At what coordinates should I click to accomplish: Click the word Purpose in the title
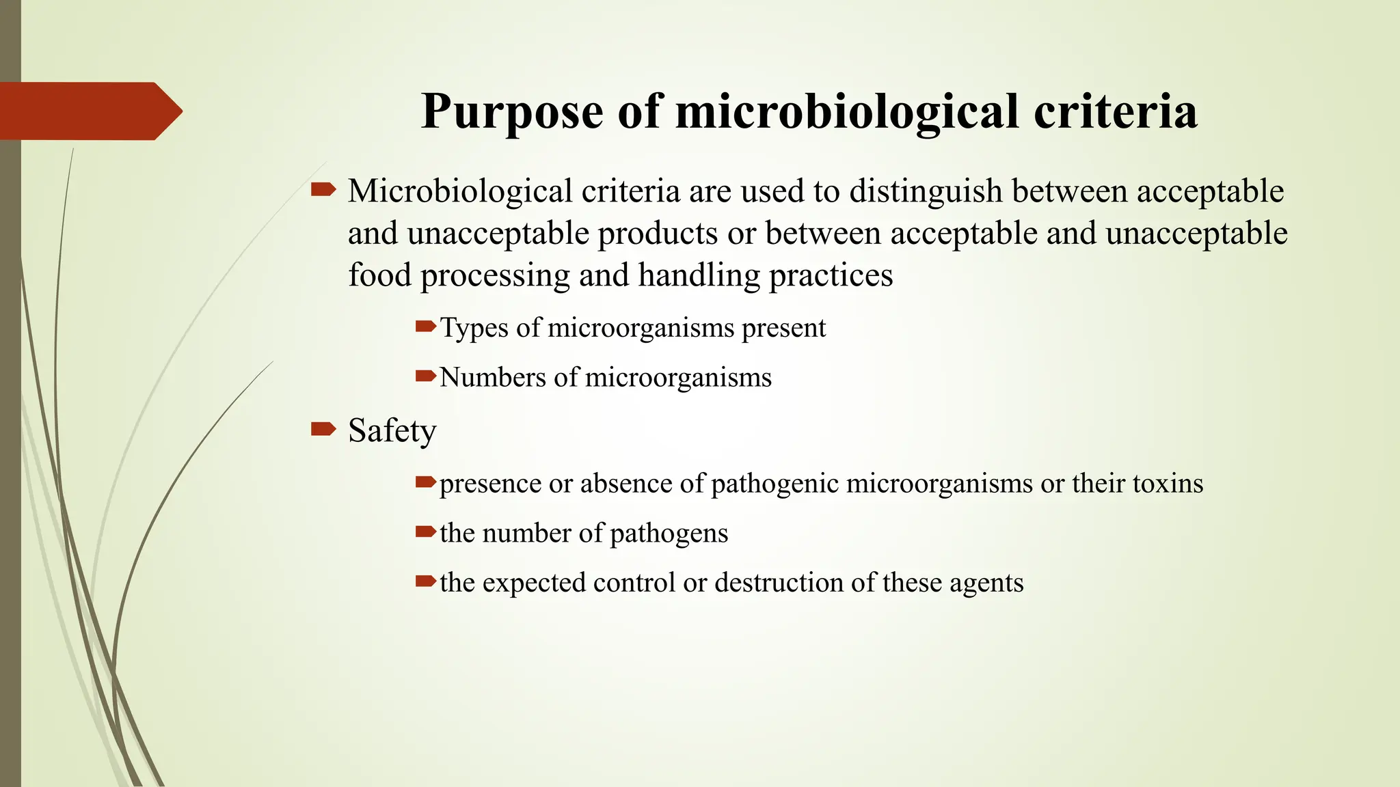[513, 111]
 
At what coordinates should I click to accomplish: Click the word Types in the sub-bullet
[474, 328]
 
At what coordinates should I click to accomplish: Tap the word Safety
[392, 431]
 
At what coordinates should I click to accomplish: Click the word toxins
[1168, 484]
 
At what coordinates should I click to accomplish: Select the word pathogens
[669, 534]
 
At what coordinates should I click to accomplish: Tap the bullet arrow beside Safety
[323, 429]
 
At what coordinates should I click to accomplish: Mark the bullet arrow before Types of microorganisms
[425, 327]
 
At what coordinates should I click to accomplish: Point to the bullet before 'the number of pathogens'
[425, 531]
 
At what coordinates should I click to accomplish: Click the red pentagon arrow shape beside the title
[91, 111]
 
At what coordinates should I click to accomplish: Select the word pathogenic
[775, 484]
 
